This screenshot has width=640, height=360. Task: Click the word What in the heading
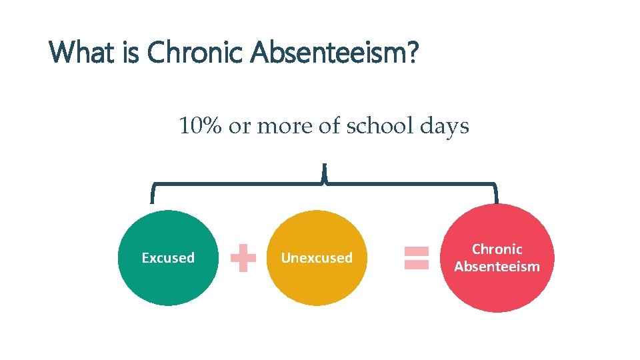[84, 52]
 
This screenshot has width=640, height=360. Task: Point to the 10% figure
[200, 125]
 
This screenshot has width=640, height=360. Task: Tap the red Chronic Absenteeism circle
[497, 287]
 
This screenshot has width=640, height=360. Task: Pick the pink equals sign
[417, 258]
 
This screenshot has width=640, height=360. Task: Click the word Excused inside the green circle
[168, 258]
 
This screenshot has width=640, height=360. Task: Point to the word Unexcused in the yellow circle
[317, 258]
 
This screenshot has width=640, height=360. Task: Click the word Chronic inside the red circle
[497, 249]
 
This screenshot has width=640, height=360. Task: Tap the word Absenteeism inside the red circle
[497, 267]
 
